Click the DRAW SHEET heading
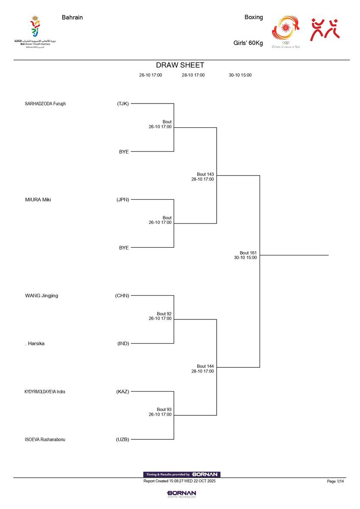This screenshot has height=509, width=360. pyautogui.click(x=180, y=65)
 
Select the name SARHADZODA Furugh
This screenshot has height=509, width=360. pyautogui.click(x=45, y=103)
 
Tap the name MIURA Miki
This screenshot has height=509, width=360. pyautogui.click(x=38, y=200)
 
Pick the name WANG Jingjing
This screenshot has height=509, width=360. pyautogui.click(x=42, y=296)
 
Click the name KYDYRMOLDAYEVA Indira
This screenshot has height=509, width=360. pyautogui.click(x=45, y=392)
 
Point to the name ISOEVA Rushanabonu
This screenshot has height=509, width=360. pyautogui.click(x=45, y=439)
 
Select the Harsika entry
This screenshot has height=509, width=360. pyautogui.click(x=36, y=344)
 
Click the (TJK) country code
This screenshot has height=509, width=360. pyautogui.click(x=123, y=103)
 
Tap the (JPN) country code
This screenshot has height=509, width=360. pyautogui.click(x=123, y=200)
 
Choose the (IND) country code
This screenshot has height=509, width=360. pyautogui.click(x=123, y=344)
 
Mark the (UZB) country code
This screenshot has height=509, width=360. pyautogui.click(x=123, y=439)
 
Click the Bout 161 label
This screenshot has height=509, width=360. pyautogui.click(x=248, y=253)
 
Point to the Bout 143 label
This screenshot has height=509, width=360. pyautogui.click(x=205, y=174)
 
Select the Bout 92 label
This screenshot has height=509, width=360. pyautogui.click(x=164, y=314)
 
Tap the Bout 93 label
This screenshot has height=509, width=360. pyautogui.click(x=164, y=409)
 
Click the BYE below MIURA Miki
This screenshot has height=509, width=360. pyautogui.click(x=124, y=248)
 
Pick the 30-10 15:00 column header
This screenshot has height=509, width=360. pyautogui.click(x=240, y=75)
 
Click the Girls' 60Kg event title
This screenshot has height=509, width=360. pyautogui.click(x=248, y=43)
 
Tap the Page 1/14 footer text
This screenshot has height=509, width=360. pyautogui.click(x=335, y=481)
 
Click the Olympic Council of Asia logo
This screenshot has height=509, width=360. pyautogui.click(x=286, y=32)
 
